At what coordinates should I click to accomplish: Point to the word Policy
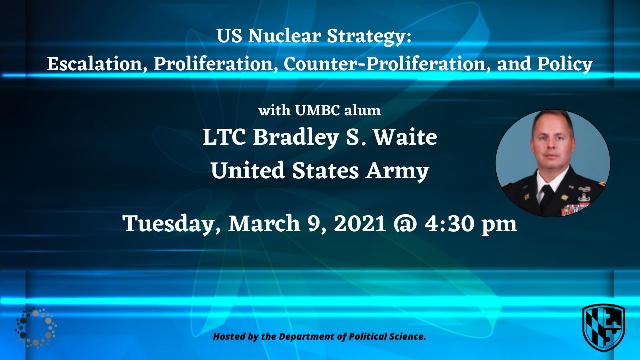click(565, 65)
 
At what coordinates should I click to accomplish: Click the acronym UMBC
click(317, 111)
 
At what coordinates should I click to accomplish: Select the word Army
click(397, 171)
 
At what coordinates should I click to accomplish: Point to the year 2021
click(360, 223)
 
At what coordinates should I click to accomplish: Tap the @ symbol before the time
click(405, 224)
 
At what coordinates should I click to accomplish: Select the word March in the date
click(264, 223)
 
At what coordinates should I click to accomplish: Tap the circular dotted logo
click(35, 327)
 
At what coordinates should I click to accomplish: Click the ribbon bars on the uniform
click(575, 209)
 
